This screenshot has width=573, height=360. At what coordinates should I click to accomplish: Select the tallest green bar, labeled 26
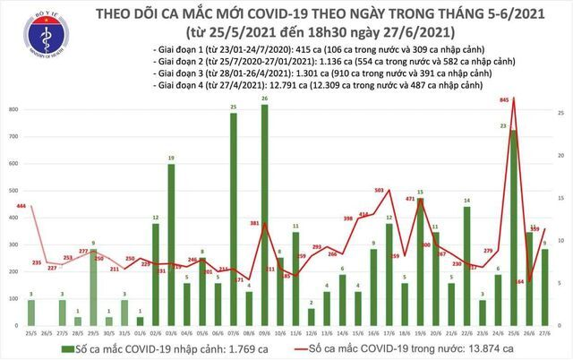tap(264, 215)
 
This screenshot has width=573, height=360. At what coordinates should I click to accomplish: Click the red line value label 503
tap(380, 190)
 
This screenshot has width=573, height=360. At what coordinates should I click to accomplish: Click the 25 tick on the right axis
tap(560, 113)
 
